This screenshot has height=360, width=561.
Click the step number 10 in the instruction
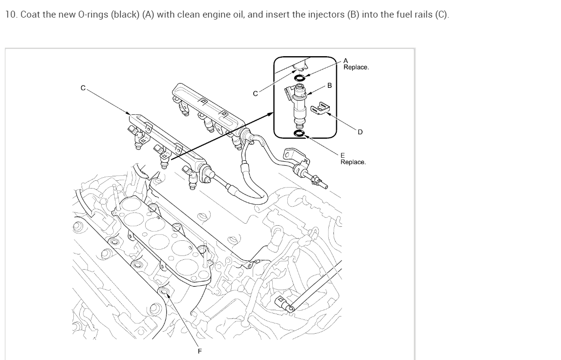(10, 15)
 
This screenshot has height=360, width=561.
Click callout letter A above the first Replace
(345, 61)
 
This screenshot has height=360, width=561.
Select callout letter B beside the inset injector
(329, 85)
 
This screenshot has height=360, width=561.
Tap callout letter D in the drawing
(360, 132)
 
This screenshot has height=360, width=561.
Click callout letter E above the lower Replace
(343, 156)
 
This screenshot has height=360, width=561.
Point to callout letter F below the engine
(199, 351)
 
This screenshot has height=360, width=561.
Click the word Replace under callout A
(356, 67)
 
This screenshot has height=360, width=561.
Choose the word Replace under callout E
(353, 162)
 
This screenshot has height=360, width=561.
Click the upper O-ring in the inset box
(300, 77)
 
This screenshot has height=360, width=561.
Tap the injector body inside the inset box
(300, 105)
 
